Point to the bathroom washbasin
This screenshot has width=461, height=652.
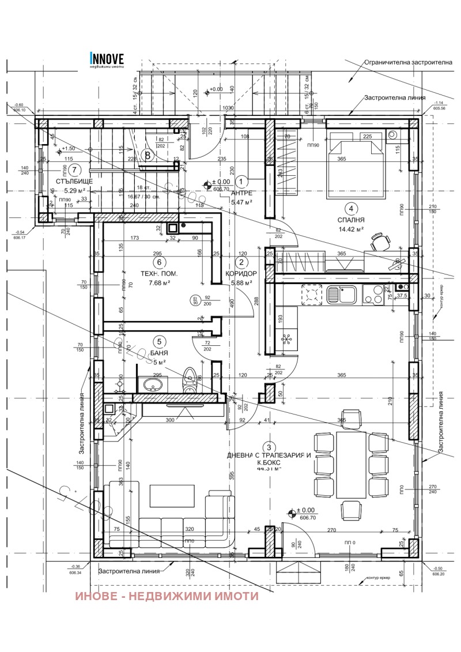click(153, 384)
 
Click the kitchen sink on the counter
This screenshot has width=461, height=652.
click(341, 295)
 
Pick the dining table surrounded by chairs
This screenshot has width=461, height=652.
click(351, 464)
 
